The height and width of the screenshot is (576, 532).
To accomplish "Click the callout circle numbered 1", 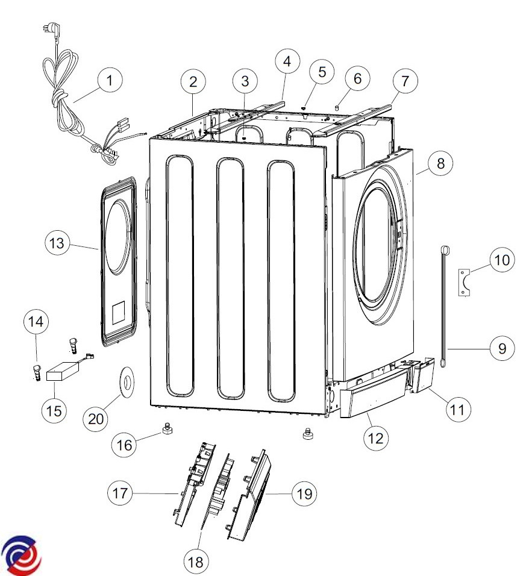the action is (x=110, y=80).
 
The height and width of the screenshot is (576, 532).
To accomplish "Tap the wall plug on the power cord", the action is (x=55, y=30).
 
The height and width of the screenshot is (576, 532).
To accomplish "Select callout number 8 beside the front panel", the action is (x=440, y=163).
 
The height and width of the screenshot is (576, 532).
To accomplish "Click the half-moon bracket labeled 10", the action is (x=465, y=282).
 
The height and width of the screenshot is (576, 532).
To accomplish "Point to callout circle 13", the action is (x=57, y=243).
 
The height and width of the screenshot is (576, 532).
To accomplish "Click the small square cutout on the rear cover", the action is (x=118, y=313).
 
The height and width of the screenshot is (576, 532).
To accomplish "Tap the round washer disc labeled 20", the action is (x=127, y=384).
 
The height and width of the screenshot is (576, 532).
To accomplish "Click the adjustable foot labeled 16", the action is (x=166, y=428).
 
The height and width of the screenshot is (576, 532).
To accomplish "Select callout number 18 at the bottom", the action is (x=195, y=562).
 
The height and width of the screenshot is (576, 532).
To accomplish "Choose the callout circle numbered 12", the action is (x=375, y=438).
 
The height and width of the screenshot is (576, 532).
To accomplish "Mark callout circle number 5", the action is (x=322, y=72).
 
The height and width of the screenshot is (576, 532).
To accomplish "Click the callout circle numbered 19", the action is (x=304, y=493).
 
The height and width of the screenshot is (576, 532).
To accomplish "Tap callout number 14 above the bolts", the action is (x=36, y=322).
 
